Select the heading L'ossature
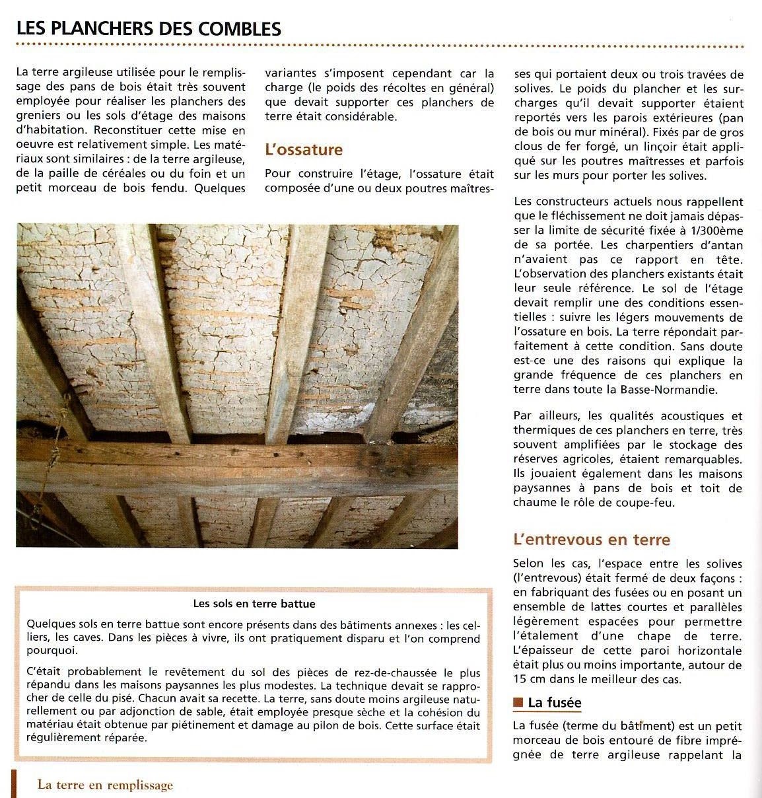(x=304, y=149)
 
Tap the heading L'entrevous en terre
(x=591, y=540)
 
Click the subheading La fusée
(x=555, y=702)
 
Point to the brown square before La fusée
(x=518, y=702)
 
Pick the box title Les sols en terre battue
(x=254, y=603)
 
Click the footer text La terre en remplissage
(x=105, y=785)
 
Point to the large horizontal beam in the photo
(x=238, y=469)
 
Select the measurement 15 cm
(x=527, y=679)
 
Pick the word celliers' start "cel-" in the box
(x=470, y=624)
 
